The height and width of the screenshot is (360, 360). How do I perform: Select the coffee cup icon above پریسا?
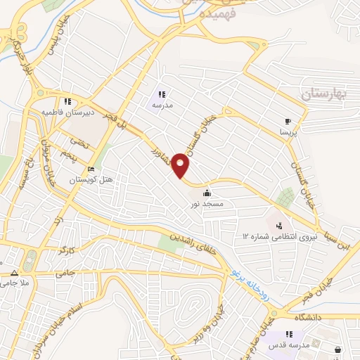pos(288,121)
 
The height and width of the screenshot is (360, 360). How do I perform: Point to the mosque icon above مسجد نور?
pos(207,193)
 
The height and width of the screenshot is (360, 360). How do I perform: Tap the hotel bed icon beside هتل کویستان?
pos(91,169)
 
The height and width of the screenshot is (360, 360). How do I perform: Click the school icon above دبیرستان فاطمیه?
pos(68,101)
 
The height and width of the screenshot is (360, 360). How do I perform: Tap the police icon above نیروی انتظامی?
pos(280,226)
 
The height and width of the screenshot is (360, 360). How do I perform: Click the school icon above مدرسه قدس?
pos(288,335)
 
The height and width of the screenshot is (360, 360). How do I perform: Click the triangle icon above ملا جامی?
pos(13,272)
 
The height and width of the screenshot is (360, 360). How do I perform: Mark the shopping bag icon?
pos(338,349)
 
